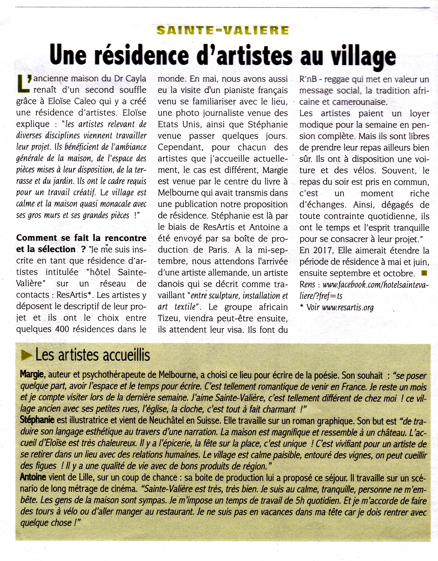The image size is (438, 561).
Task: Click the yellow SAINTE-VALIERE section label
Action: click(x=222, y=31)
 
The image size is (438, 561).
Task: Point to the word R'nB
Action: click(x=308, y=79)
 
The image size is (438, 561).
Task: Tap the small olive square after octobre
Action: click(x=424, y=273)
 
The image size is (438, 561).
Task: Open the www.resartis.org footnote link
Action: click(x=348, y=308)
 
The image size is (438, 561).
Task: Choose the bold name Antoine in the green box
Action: click(x=33, y=477)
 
